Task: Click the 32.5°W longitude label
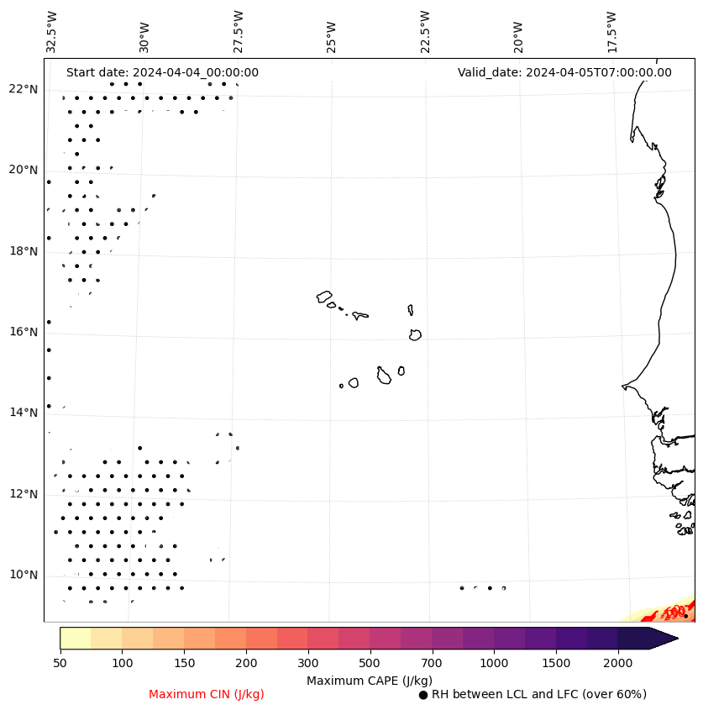coord(52,32)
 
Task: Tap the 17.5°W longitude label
coord(611,32)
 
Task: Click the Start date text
coord(162,72)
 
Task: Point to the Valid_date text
coord(564,72)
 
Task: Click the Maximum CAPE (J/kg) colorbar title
coord(370,680)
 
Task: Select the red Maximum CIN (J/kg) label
coord(207,694)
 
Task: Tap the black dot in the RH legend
coord(423,695)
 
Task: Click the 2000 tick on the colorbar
coord(617,664)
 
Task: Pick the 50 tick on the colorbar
coord(60,664)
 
